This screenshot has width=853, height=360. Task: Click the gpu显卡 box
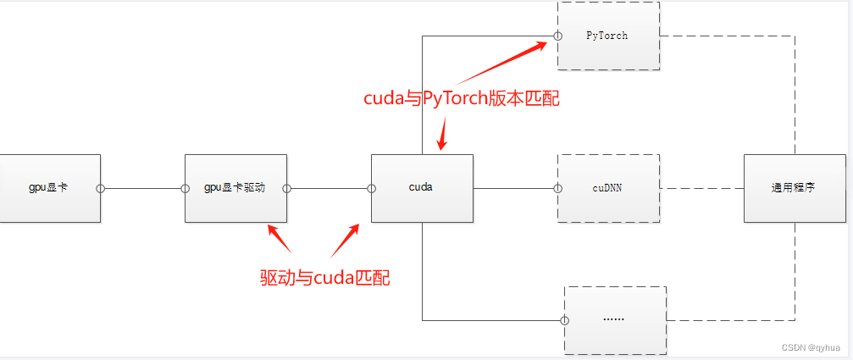(48, 188)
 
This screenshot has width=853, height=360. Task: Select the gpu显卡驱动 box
(235, 188)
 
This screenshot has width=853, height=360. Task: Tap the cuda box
(422, 188)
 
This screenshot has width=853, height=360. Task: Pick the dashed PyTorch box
(608, 36)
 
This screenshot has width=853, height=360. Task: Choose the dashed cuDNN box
(608, 188)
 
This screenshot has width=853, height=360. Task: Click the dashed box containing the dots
(615, 320)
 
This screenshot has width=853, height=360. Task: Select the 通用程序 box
(795, 188)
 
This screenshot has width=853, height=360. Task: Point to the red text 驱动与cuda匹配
(325, 278)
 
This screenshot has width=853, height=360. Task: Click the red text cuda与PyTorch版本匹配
(462, 98)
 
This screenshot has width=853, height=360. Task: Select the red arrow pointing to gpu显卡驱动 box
(280, 239)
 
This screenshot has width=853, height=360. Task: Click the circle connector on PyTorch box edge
(557, 36)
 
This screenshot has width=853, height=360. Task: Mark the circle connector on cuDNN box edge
(557, 188)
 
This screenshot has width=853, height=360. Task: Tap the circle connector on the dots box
(564, 320)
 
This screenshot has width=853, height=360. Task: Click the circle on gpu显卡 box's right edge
(100, 188)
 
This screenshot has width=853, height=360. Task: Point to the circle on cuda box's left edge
(371, 188)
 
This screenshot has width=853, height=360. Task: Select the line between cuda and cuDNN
(513, 188)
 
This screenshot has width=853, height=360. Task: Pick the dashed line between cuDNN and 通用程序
(701, 188)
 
